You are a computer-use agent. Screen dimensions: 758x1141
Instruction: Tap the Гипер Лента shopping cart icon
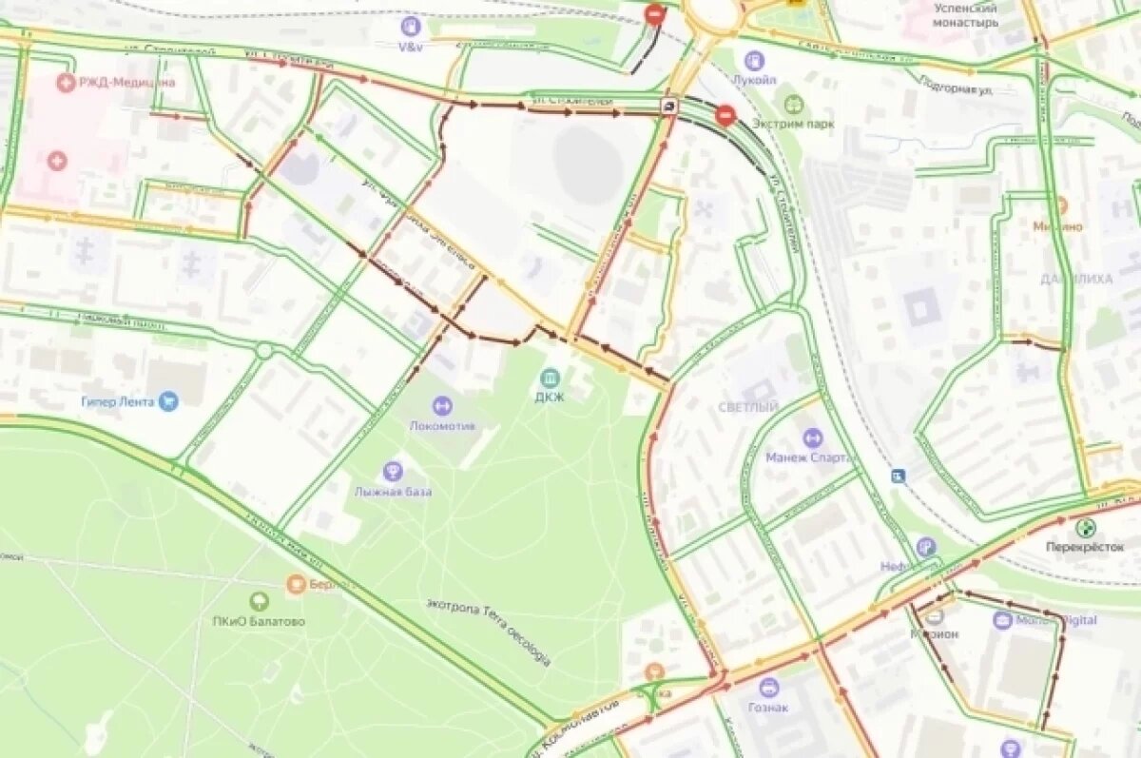tap(168, 401)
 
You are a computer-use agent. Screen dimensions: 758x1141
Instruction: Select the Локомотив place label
tap(441, 426)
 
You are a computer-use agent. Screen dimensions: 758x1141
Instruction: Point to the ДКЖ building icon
tap(550, 378)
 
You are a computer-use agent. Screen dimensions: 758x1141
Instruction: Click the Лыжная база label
tap(393, 492)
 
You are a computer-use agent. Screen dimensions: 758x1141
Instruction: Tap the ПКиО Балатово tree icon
tap(259, 601)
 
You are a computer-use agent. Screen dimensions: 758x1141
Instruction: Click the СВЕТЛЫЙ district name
tap(748, 407)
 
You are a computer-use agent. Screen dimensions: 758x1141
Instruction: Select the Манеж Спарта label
tap(810, 457)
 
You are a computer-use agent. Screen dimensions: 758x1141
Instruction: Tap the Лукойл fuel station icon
tap(754, 61)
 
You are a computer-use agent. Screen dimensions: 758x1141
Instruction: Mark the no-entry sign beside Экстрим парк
tap(725, 116)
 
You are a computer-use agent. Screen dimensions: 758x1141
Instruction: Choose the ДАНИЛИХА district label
tap(1076, 280)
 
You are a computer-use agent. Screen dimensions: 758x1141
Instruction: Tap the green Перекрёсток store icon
tap(1085, 528)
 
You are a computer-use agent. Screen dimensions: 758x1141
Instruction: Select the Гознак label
tap(768, 708)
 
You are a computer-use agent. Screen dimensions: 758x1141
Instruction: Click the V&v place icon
tap(411, 27)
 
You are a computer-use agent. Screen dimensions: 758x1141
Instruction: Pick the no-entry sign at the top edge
tap(654, 14)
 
